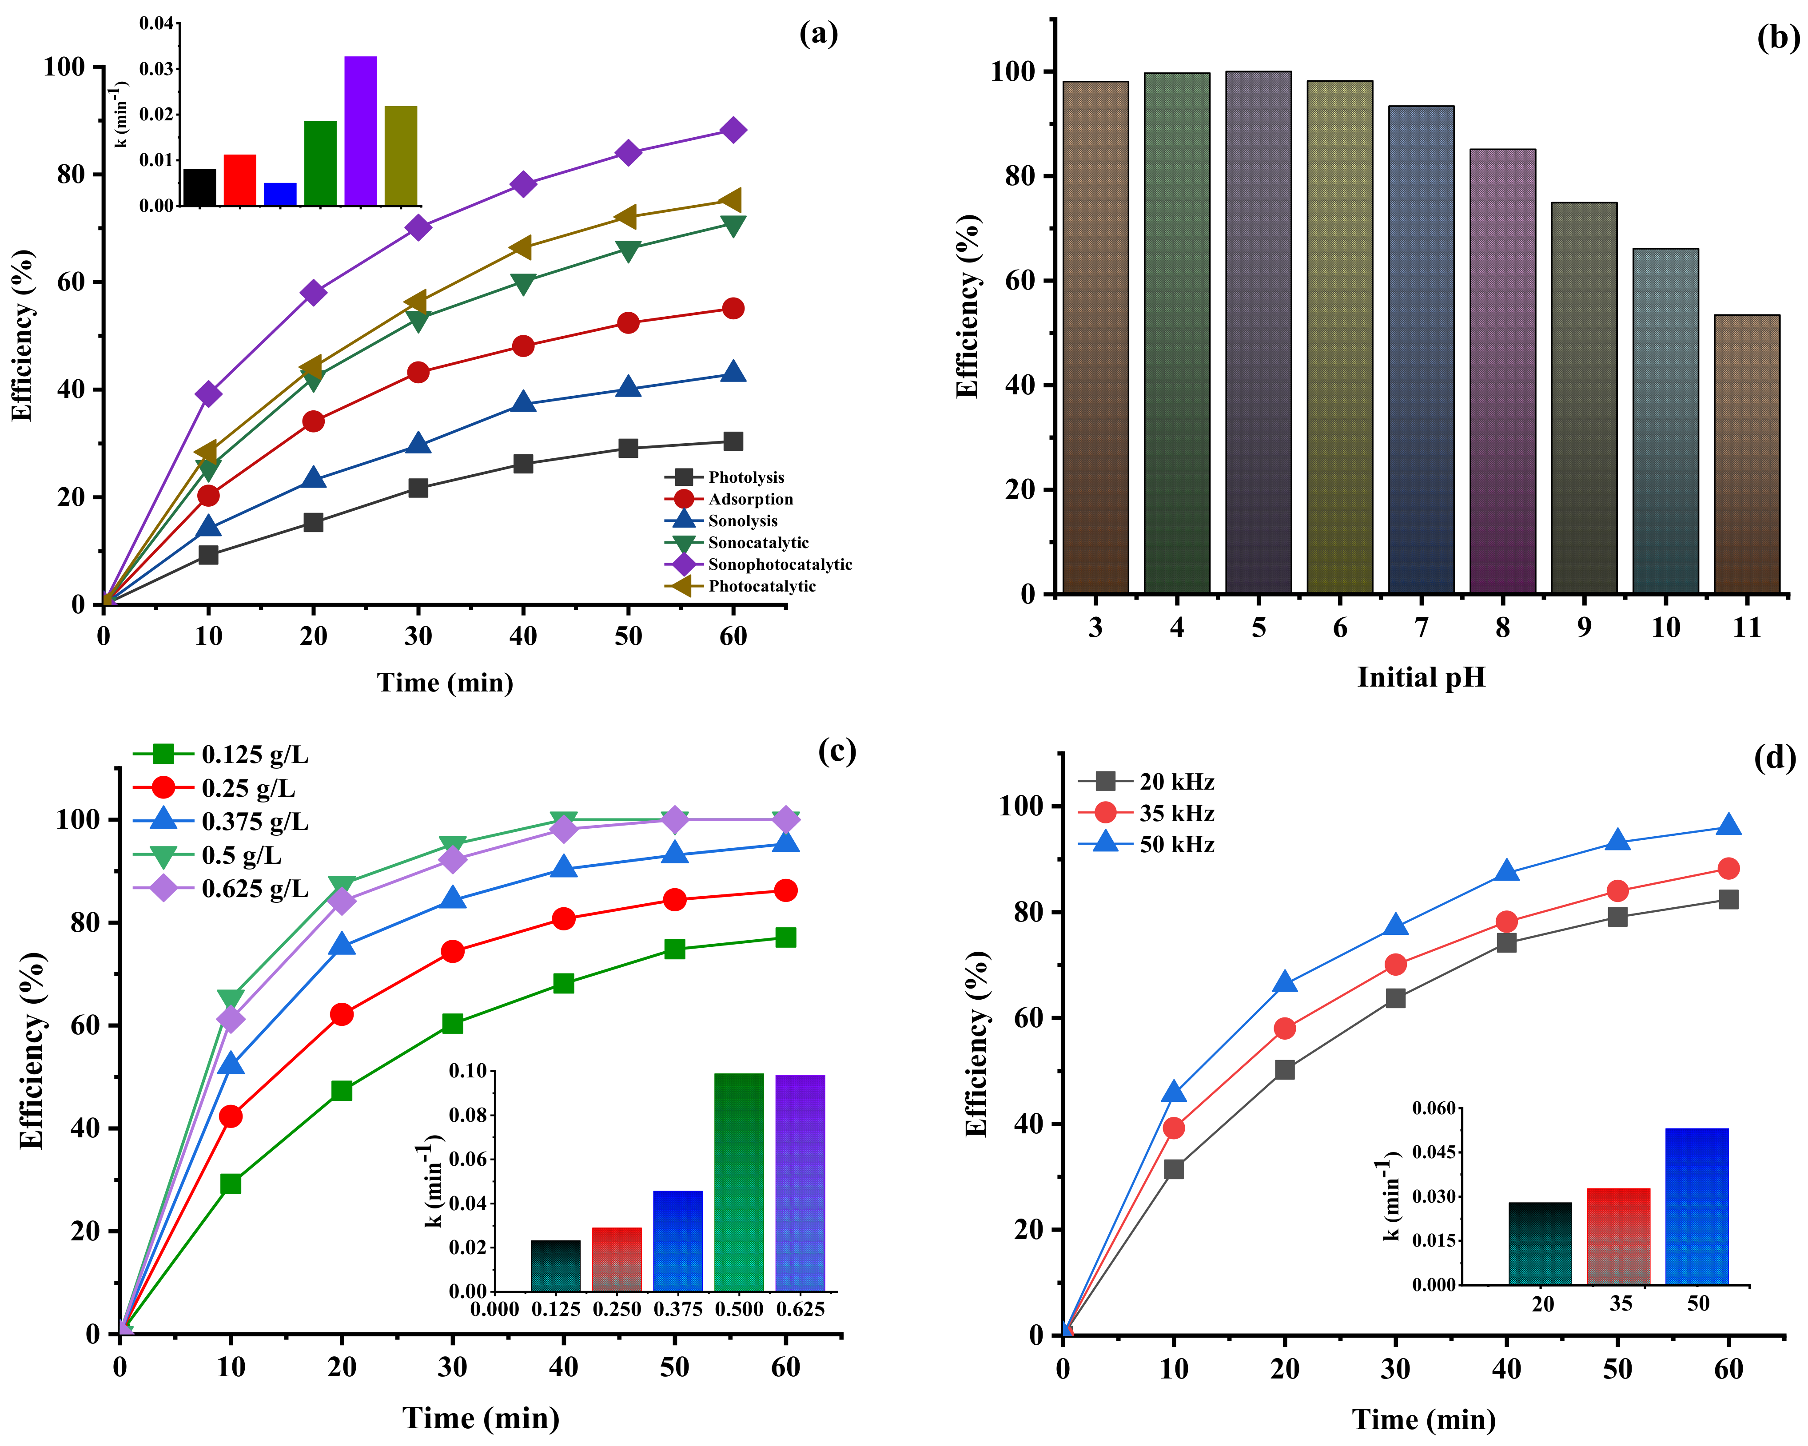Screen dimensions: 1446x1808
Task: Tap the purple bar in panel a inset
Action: (361, 131)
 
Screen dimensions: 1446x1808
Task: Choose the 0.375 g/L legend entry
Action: (254, 822)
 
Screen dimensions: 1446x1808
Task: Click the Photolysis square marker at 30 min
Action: (418, 488)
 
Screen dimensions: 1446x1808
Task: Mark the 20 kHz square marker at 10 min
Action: (1173, 1168)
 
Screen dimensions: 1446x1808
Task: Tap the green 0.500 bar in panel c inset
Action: (739, 1182)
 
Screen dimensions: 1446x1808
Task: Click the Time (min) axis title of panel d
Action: (1423, 1419)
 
